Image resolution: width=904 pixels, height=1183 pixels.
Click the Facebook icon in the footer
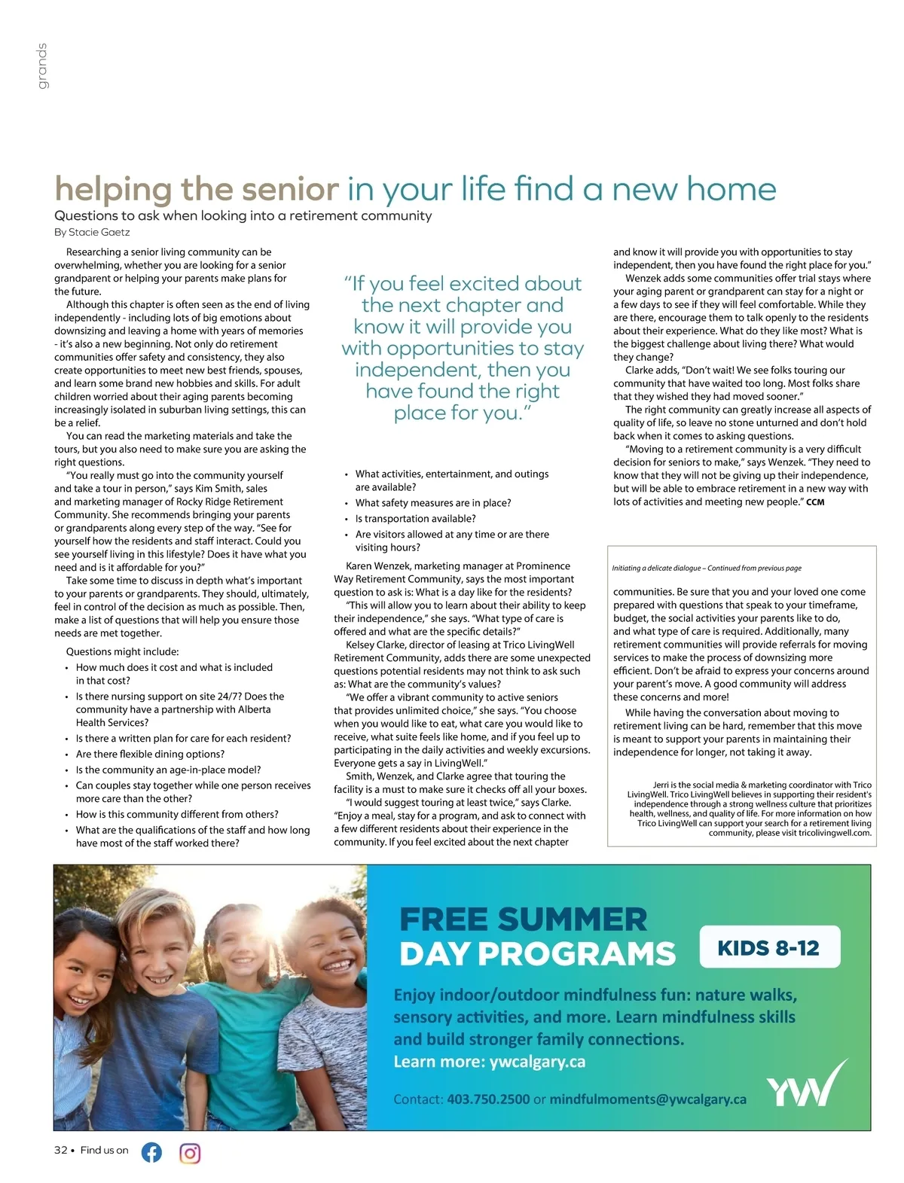151,1152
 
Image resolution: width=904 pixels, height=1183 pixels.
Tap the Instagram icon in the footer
190,1153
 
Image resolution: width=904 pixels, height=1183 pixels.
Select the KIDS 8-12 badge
768,947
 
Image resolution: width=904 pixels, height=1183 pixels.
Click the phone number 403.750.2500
488,1099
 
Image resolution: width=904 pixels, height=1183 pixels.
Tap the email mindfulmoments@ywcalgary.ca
648,1099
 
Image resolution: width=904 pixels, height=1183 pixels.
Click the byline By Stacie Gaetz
92,232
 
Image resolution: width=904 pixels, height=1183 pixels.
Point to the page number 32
60,1150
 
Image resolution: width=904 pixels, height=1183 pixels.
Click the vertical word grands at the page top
42,66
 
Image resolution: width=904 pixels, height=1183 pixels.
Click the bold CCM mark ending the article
815,502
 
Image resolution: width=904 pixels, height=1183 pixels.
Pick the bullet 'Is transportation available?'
415,519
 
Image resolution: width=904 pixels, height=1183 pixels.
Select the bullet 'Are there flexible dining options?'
150,754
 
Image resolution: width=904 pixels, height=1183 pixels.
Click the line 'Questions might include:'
122,651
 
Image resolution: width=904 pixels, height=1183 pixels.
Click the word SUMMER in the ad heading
572,919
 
